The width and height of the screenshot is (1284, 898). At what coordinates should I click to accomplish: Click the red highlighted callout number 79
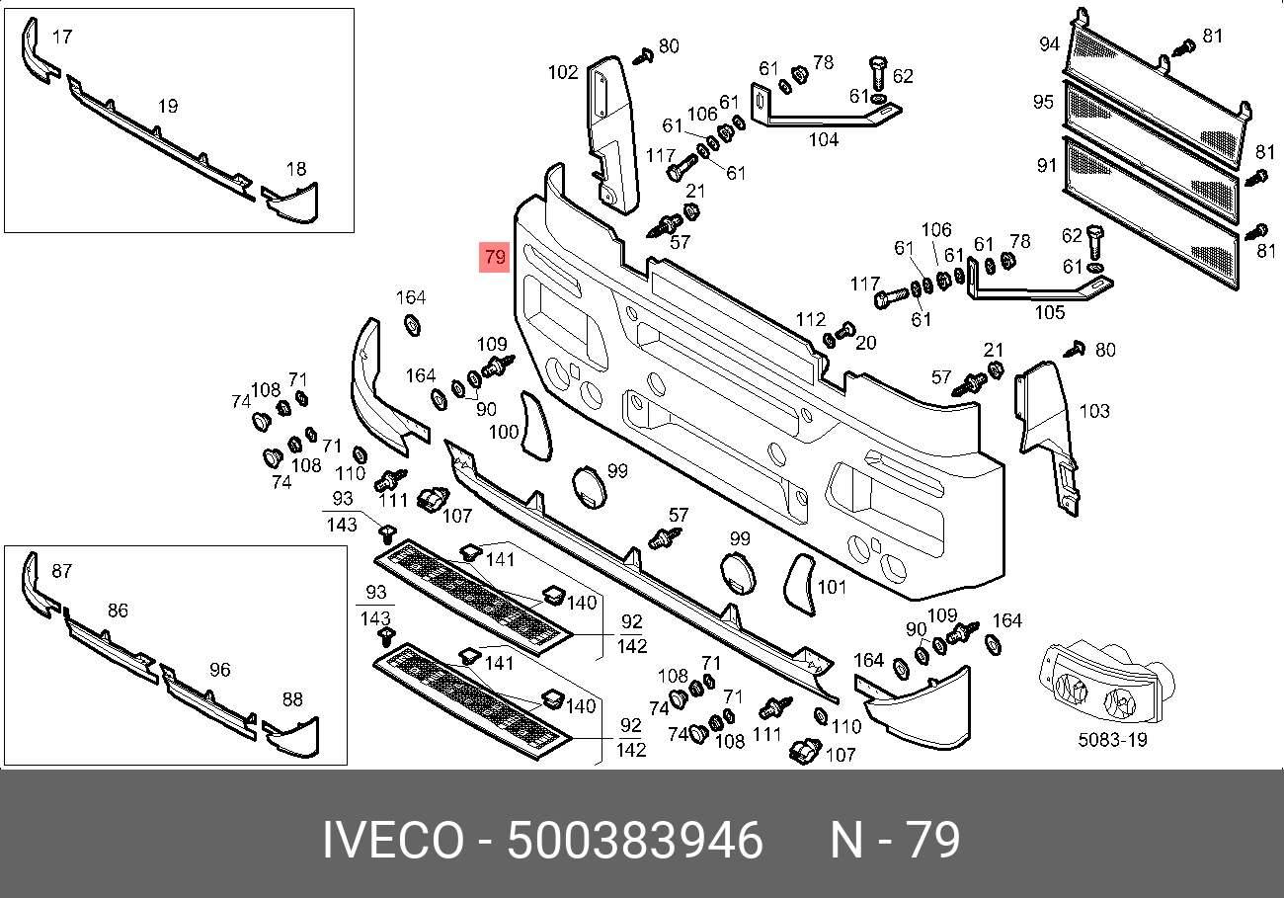495,256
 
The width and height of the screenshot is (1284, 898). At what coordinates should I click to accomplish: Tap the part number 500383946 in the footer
634,841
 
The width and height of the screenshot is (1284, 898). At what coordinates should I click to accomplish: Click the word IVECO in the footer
393,841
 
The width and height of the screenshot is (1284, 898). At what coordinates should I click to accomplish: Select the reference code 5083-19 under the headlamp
1112,740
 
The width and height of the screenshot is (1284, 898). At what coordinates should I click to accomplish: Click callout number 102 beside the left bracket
562,72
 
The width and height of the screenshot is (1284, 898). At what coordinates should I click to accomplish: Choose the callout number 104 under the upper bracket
823,139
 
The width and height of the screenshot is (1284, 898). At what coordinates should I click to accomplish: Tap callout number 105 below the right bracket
1050,312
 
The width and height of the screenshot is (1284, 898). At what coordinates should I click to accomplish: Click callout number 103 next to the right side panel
1094,411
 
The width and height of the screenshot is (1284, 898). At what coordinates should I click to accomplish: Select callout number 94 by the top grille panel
1050,44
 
